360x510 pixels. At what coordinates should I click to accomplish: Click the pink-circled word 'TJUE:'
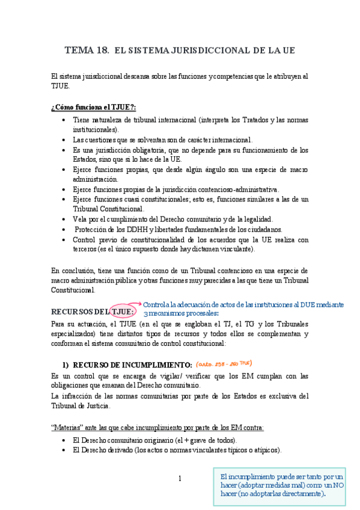[123, 312]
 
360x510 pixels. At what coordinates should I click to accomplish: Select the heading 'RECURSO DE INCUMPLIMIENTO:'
[132, 365]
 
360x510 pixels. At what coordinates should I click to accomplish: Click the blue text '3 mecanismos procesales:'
[181, 313]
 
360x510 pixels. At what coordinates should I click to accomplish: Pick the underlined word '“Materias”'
[68, 428]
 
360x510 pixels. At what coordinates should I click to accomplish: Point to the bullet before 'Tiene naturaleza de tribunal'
[64, 120]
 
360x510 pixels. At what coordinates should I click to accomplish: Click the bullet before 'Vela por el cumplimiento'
[64, 219]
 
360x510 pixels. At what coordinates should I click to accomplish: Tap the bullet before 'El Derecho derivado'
[64, 450]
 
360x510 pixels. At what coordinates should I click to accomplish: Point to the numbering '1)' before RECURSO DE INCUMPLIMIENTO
[67, 365]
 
